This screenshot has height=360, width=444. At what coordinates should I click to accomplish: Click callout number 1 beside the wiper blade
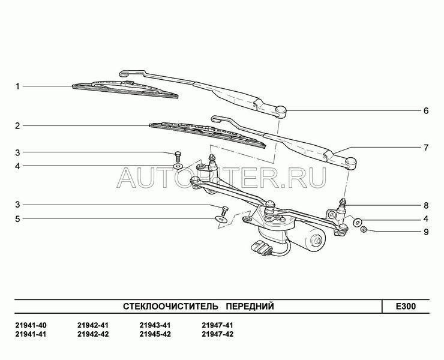click(x=17, y=86)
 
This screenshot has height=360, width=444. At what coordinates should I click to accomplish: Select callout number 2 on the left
click(x=17, y=126)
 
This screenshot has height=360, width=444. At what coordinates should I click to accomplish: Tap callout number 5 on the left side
click(x=17, y=219)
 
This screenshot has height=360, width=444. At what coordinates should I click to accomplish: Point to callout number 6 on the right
click(x=426, y=110)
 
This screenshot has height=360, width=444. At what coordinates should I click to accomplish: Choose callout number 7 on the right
click(x=426, y=148)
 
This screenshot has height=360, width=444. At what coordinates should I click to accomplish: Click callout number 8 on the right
click(x=426, y=205)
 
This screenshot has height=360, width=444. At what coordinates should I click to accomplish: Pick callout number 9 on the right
click(x=426, y=232)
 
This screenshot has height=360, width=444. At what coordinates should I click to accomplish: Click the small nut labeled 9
click(x=364, y=229)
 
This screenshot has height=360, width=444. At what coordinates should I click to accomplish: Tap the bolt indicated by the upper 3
click(x=178, y=156)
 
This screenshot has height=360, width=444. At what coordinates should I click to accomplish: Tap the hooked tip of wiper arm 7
click(x=217, y=118)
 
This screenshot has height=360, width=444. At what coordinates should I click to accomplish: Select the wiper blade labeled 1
click(x=125, y=89)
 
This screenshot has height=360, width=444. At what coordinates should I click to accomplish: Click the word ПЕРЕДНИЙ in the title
click(x=251, y=306)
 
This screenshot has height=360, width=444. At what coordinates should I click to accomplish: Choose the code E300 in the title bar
click(x=406, y=306)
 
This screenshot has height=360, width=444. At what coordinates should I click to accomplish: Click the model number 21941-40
click(x=31, y=325)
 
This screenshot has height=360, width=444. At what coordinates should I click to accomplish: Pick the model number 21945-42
click(x=155, y=334)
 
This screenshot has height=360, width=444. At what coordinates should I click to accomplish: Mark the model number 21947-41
click(x=217, y=325)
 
